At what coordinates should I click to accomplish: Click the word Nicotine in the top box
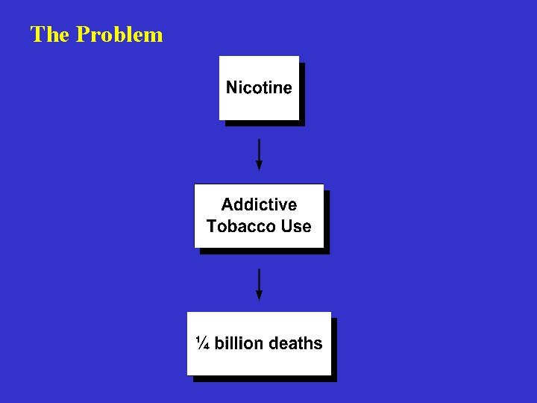[x=259, y=87]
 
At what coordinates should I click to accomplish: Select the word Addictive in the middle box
[x=259, y=204]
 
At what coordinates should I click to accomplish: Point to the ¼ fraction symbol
[x=202, y=343]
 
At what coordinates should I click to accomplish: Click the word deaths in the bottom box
[x=295, y=343]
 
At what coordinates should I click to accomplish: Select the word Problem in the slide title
[x=119, y=34]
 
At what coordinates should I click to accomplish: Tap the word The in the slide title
[x=50, y=34]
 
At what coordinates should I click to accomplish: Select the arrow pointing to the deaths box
[x=259, y=281]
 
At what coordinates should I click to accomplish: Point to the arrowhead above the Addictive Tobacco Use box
[x=259, y=166]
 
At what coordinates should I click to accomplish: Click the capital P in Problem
[x=82, y=34]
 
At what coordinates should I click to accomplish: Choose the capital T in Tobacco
[x=212, y=226]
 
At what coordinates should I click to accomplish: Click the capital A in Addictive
[x=227, y=204]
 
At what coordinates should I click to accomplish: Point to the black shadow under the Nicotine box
[x=265, y=123]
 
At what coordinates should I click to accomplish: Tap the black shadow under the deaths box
[x=265, y=379]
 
